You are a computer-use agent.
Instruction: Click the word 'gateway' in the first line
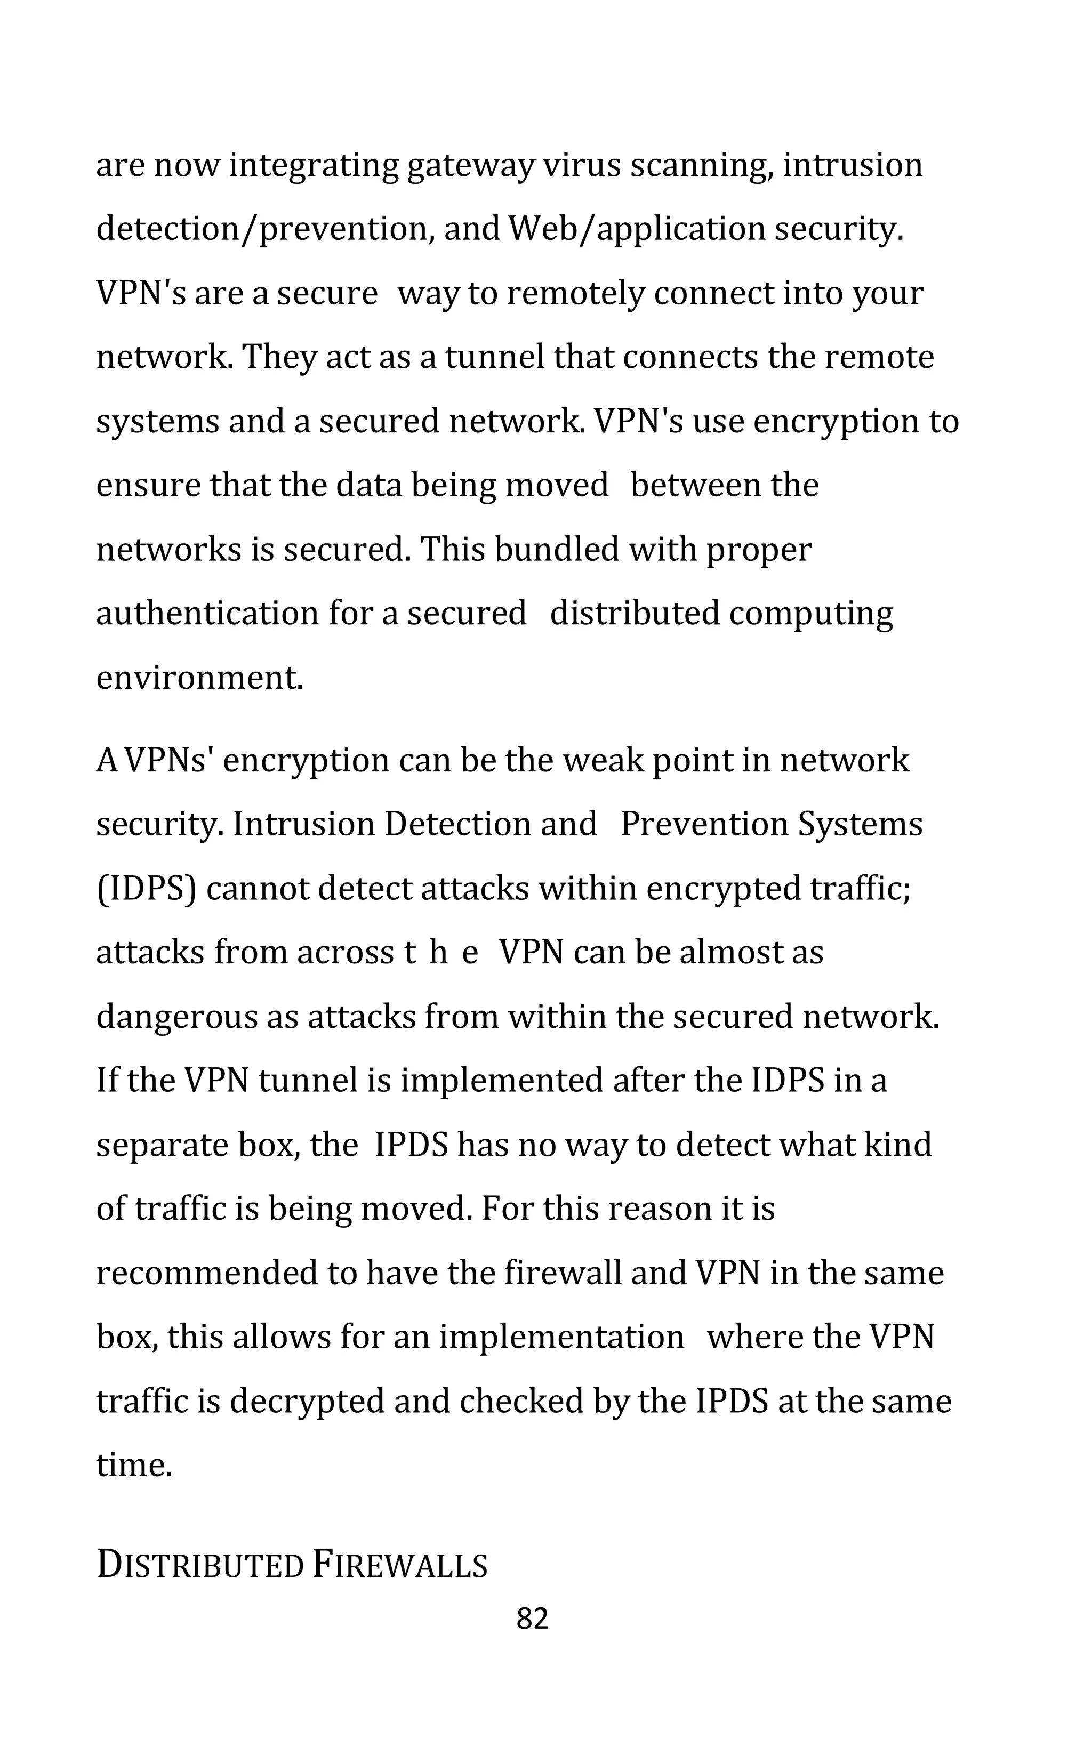tap(470, 166)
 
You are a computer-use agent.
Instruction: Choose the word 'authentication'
tap(207, 614)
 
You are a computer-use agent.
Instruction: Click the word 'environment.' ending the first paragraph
tap(200, 678)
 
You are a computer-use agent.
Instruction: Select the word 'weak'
tap(603, 760)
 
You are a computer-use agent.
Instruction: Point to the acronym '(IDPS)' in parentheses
tap(147, 889)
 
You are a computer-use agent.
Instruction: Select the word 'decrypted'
tap(307, 1401)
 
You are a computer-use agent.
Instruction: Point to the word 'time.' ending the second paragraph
tap(134, 1465)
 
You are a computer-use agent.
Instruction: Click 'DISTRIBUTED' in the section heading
tap(200, 1566)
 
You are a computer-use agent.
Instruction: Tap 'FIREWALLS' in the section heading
tap(400, 1566)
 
